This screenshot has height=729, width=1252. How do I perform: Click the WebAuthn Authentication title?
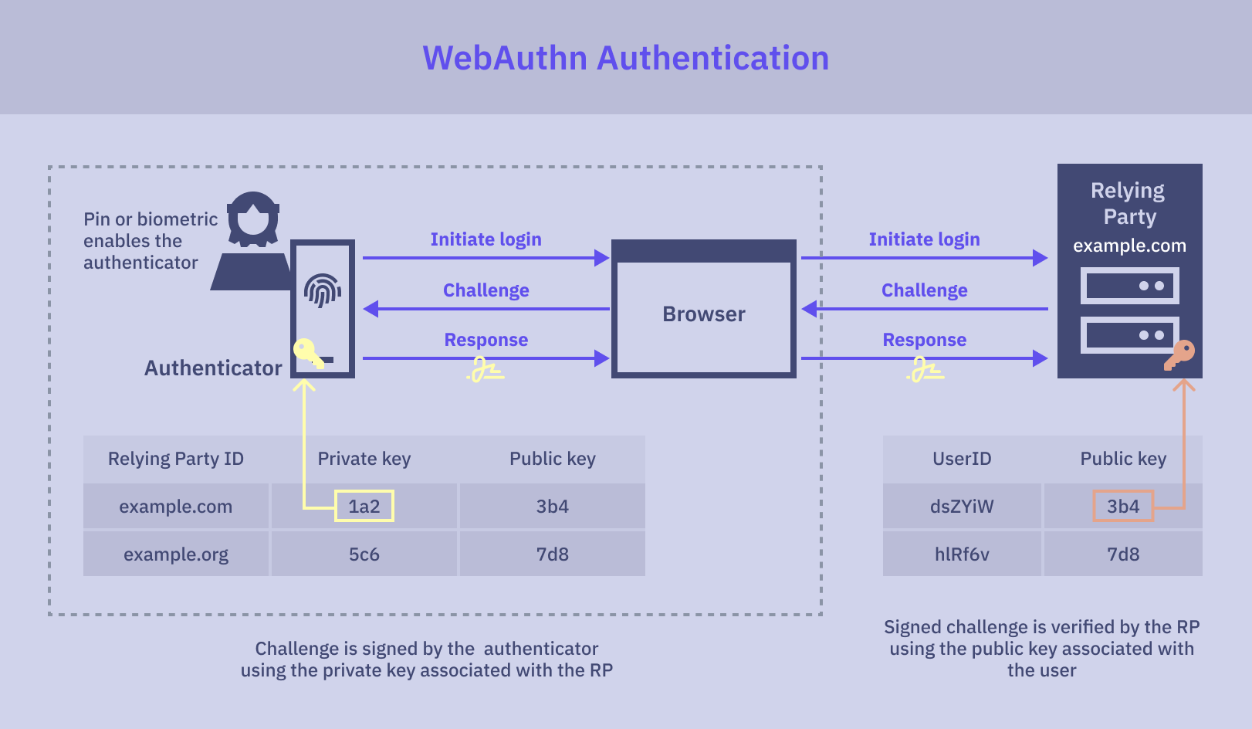(625, 59)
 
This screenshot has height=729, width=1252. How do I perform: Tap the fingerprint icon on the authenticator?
(323, 290)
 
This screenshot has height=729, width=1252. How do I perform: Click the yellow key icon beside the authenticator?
(308, 352)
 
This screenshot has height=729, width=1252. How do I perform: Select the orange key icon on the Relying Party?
(1180, 354)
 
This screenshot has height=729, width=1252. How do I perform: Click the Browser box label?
(703, 314)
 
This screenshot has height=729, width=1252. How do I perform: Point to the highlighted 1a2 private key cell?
(364, 507)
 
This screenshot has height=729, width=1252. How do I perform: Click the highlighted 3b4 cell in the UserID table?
(1122, 507)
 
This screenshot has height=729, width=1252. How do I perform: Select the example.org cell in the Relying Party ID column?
(176, 554)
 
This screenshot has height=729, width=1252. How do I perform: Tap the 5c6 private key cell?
(364, 554)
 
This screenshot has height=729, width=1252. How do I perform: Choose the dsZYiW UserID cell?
(962, 507)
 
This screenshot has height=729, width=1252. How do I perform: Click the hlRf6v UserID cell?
(962, 554)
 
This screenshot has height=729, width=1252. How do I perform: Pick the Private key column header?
(364, 459)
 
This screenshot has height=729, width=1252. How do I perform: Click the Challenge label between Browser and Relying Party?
(924, 290)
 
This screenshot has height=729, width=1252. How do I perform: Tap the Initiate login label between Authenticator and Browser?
(486, 239)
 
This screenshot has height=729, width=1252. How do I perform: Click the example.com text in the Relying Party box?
(1129, 246)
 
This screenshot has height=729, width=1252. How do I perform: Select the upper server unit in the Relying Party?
(1129, 286)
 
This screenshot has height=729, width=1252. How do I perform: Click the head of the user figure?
(253, 218)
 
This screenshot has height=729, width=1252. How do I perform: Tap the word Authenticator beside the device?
(213, 368)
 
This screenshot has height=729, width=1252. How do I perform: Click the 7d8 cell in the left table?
(552, 554)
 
